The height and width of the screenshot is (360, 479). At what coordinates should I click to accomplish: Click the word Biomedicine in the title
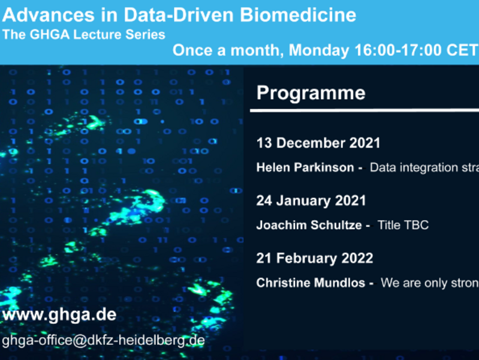298,14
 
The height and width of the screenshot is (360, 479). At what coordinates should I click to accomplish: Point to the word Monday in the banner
318,50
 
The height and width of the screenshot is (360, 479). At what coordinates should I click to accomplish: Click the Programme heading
311,93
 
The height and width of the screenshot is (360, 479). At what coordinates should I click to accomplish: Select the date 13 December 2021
318,143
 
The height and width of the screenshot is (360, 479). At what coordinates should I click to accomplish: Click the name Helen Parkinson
305,167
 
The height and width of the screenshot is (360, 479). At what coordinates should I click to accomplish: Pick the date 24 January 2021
311,200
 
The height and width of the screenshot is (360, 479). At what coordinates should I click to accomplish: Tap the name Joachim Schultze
309,225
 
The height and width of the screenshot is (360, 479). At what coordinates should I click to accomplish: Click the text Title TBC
403,225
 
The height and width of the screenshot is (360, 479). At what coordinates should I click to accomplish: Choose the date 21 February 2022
315,258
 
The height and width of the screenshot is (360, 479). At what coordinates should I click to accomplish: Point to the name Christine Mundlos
311,283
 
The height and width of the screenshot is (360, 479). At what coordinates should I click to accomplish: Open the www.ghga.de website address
59,315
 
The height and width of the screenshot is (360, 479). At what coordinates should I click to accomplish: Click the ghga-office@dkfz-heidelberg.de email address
103,340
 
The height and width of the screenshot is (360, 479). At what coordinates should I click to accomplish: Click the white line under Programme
364,110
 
